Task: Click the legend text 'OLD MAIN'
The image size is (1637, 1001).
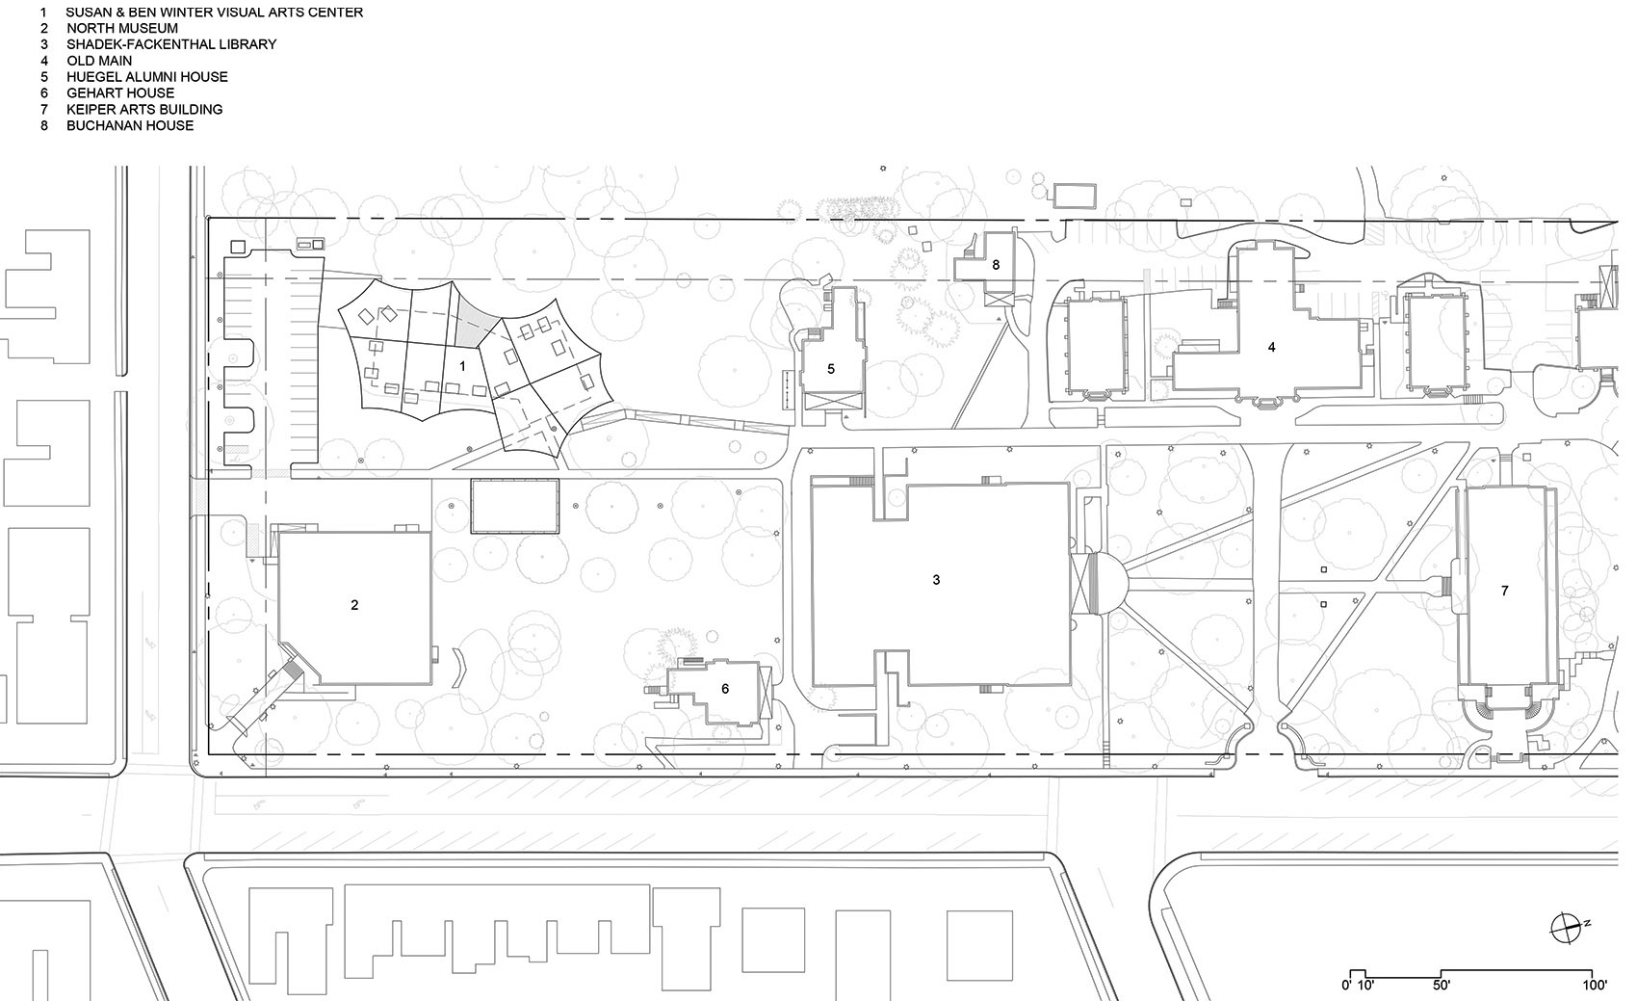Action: (x=99, y=61)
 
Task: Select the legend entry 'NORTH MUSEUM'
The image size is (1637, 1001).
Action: (x=121, y=28)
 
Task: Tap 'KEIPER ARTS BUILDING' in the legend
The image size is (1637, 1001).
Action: (x=144, y=109)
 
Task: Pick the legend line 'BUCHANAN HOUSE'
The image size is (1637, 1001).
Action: (x=130, y=125)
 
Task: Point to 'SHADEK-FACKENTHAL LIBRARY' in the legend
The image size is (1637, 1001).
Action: (x=171, y=44)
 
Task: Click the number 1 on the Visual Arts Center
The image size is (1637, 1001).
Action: (x=463, y=366)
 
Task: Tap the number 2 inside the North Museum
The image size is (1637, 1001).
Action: (x=354, y=605)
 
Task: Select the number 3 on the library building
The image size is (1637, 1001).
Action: (x=936, y=580)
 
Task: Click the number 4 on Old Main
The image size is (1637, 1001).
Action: (x=1271, y=347)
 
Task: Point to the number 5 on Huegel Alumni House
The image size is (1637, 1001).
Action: (x=831, y=368)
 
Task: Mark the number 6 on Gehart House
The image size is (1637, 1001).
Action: (x=725, y=688)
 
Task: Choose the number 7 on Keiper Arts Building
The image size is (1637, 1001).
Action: (x=1505, y=591)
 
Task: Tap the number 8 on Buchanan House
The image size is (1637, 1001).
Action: (x=996, y=264)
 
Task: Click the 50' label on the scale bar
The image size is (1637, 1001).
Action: (x=1441, y=986)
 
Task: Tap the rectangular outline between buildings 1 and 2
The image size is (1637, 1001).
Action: (x=515, y=507)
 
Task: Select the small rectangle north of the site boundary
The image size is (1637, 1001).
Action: (x=1075, y=196)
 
